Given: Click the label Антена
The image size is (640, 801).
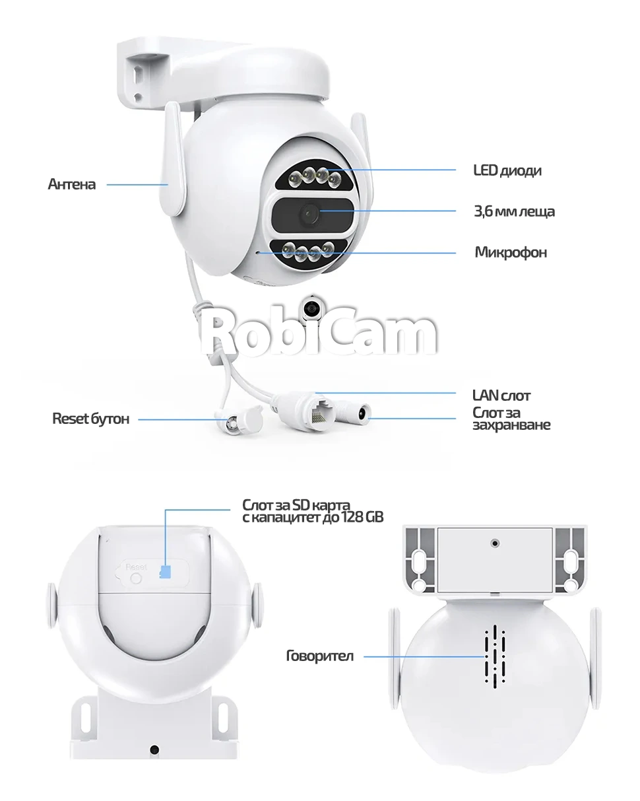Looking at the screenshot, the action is [x=72, y=184].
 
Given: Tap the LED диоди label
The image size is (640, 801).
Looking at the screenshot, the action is [x=507, y=170].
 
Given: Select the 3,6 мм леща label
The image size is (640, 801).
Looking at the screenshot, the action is [x=514, y=211].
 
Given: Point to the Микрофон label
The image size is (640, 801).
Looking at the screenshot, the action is [x=511, y=252].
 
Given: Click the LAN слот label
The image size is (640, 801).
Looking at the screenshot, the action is [x=501, y=396].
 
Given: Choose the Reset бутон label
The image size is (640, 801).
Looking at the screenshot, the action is [x=91, y=419].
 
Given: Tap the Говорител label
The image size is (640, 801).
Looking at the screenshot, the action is [x=319, y=656].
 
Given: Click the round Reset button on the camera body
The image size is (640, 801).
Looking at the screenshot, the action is [x=137, y=578].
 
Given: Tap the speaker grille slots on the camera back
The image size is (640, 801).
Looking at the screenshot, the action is [x=495, y=656].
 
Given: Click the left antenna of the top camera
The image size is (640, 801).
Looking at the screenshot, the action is [x=173, y=164].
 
